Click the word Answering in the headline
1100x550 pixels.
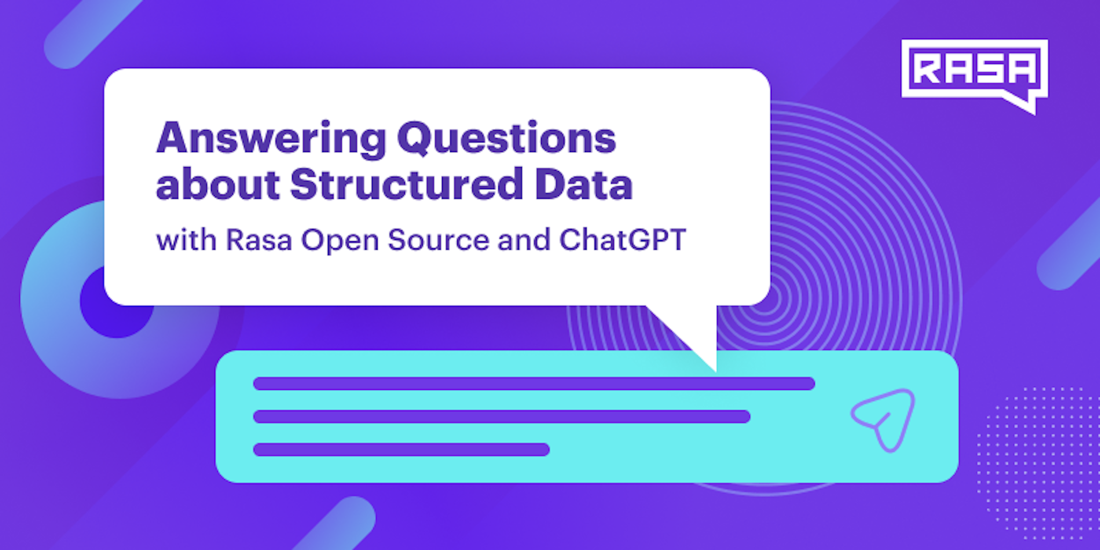(x=271, y=139)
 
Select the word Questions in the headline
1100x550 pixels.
(x=506, y=139)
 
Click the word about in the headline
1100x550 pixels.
(x=218, y=184)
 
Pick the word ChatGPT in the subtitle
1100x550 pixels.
(x=623, y=240)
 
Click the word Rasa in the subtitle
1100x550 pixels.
(x=258, y=240)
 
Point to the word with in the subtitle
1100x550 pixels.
(x=186, y=240)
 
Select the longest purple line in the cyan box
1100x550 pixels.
(x=534, y=383)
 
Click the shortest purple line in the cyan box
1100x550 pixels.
(x=401, y=450)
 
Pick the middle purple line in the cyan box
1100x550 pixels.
(x=502, y=416)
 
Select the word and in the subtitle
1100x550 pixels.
(x=524, y=240)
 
